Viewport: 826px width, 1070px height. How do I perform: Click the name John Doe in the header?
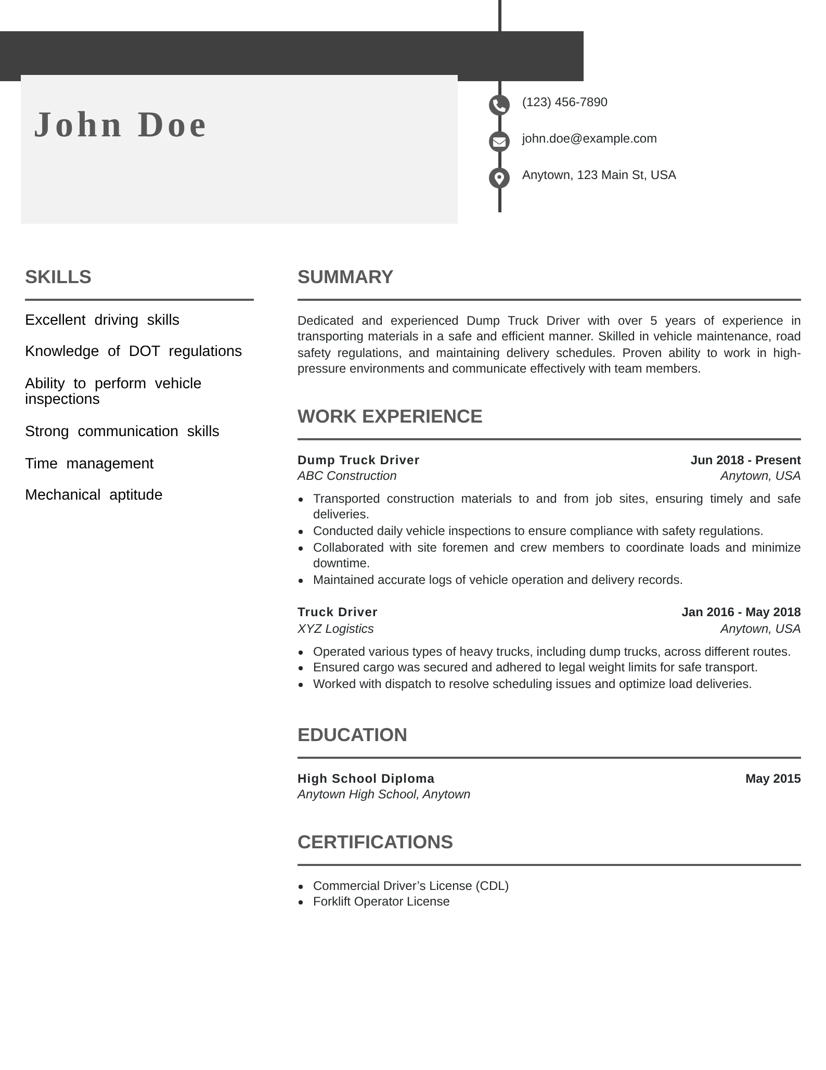120,125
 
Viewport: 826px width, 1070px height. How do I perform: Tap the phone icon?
499,105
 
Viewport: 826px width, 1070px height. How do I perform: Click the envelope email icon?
499,141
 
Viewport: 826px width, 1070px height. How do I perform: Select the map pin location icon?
499,178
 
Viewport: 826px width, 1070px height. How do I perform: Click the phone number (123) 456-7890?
564,102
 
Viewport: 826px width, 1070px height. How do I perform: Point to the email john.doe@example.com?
589,138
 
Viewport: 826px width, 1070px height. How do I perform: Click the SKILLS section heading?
58,277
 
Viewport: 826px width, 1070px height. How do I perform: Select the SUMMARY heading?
345,277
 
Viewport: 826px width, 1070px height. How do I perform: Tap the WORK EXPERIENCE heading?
390,416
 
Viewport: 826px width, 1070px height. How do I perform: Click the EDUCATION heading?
352,735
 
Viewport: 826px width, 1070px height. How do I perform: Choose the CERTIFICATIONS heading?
375,842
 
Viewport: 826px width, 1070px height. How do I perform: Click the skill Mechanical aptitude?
94,494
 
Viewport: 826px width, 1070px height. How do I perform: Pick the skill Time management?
89,463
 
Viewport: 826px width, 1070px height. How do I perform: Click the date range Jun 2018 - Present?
745,460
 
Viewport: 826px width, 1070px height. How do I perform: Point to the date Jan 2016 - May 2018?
741,612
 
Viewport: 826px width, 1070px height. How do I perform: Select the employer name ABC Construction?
347,476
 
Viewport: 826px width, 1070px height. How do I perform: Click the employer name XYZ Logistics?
335,629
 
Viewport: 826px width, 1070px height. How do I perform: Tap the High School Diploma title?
366,779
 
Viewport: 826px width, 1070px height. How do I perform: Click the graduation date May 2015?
772,779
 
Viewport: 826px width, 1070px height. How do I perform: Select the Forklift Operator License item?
381,901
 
